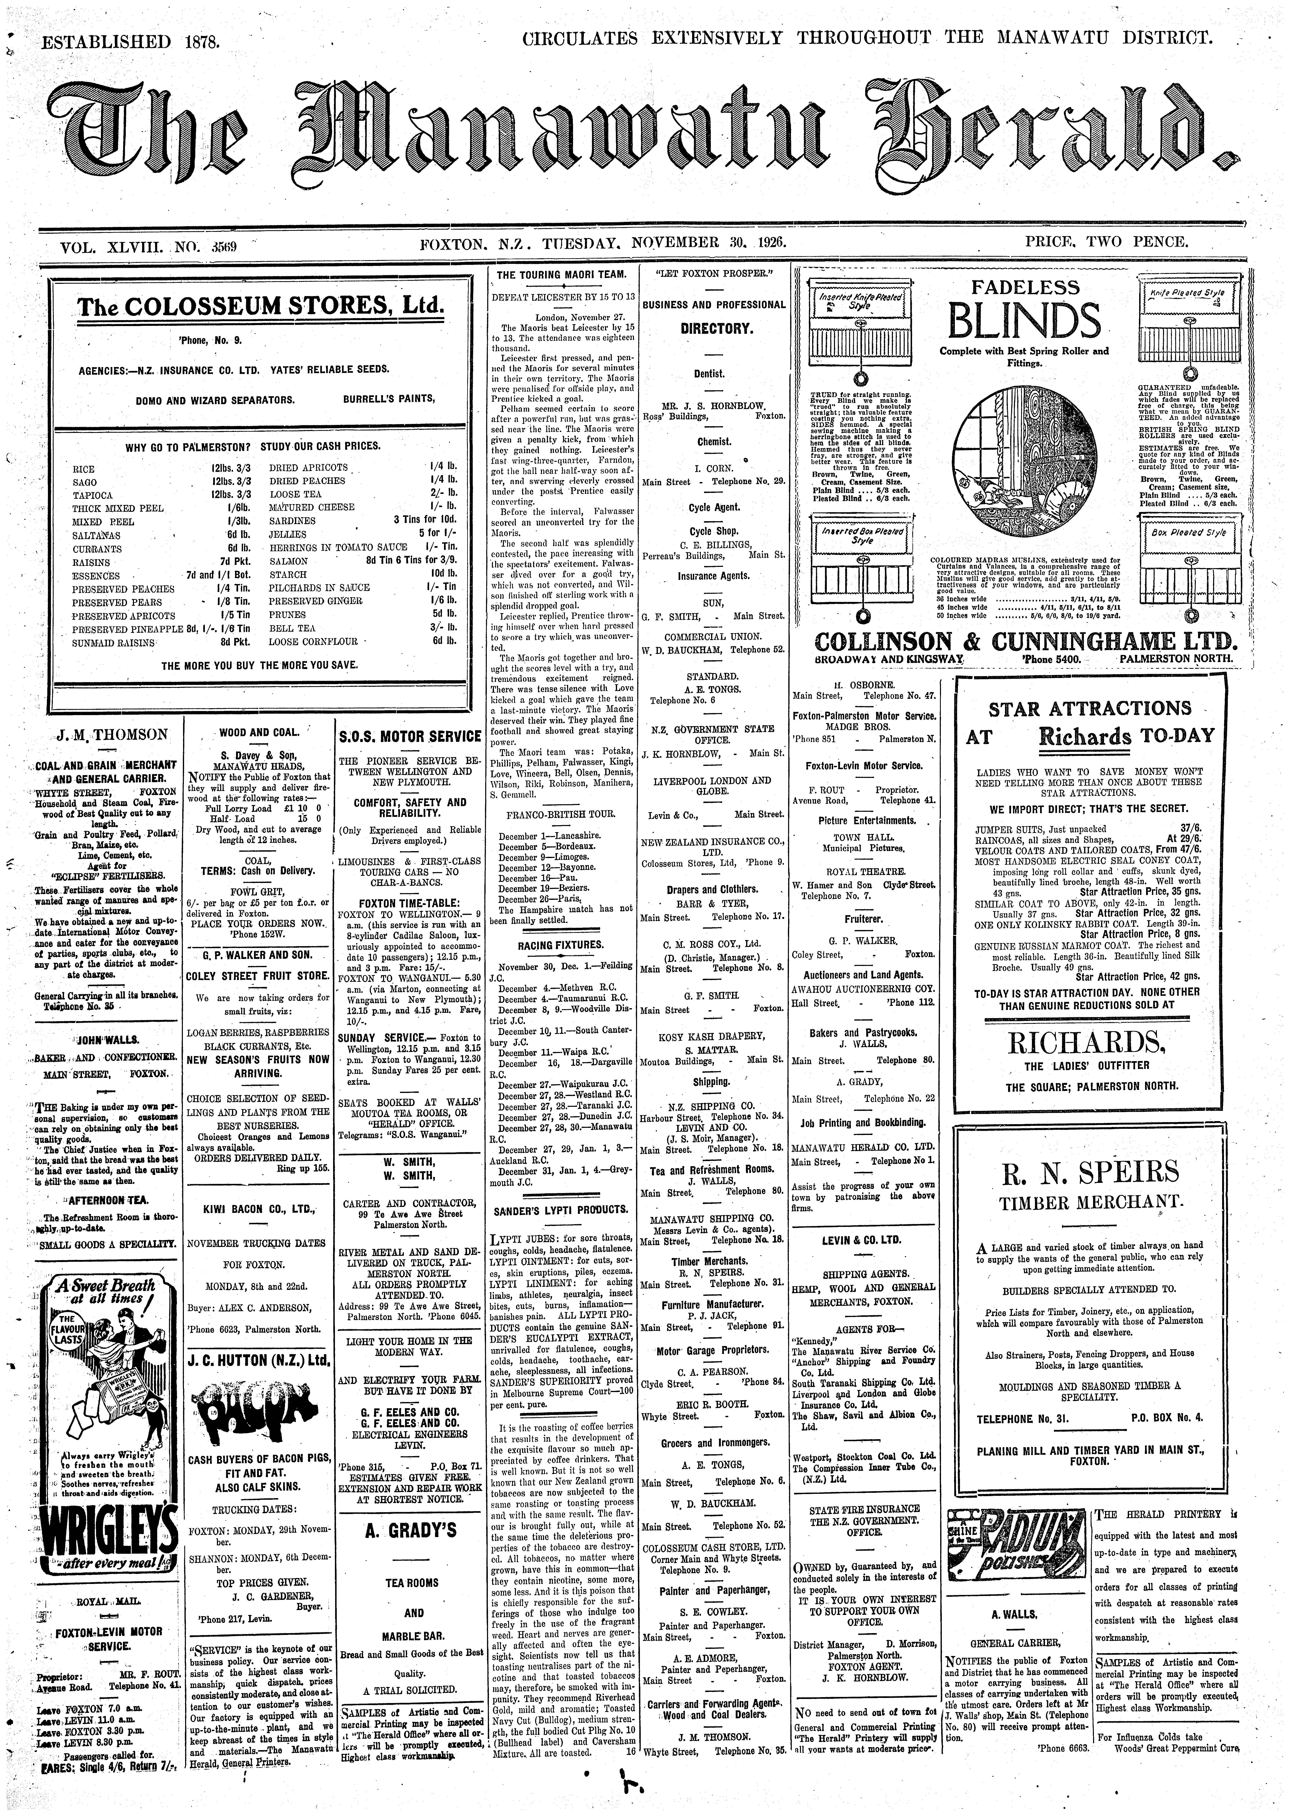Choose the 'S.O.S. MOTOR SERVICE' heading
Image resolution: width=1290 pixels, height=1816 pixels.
click(410, 736)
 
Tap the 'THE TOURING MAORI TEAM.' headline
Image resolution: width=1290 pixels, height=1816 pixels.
click(561, 275)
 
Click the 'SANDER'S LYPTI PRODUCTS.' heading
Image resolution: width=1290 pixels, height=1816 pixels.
click(561, 1210)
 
